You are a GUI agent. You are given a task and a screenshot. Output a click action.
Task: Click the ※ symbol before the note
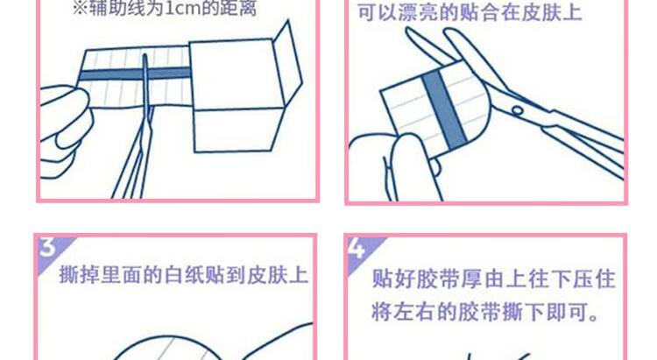point(80,9)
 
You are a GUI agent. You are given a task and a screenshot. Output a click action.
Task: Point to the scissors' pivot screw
point(518,110)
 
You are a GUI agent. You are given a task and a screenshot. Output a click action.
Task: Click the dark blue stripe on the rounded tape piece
point(444,109)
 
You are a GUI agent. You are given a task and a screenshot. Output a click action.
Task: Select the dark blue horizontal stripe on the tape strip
point(135,74)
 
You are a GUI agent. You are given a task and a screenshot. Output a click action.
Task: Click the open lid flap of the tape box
point(287,64)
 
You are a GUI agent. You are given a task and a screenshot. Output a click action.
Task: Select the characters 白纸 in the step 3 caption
point(184,275)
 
